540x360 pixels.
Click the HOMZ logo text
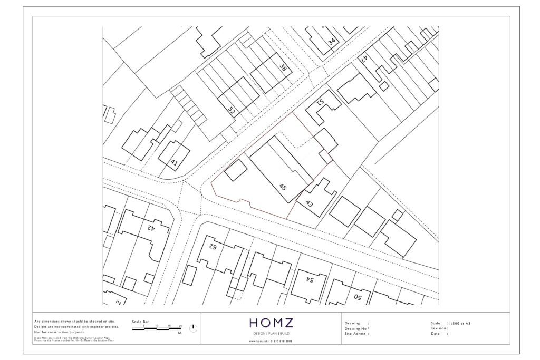pos(272,323)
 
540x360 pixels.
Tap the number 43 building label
pos(309,203)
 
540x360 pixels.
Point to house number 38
pos(283,67)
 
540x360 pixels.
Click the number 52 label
pos(231,110)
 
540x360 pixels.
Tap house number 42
pos(150,228)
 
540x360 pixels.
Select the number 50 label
pos(357,297)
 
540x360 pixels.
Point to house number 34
pos(332,42)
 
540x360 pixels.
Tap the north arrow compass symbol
pos(193,328)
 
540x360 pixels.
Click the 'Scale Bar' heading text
pos(140,322)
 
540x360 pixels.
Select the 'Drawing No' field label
pos(355,328)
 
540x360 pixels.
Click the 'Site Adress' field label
pos(356,334)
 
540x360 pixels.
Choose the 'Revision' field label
pos(439,328)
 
